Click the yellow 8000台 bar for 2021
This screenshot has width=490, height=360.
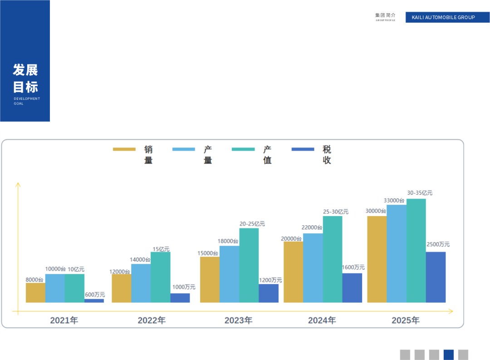[35, 293]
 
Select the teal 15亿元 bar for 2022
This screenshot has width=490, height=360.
[161, 277]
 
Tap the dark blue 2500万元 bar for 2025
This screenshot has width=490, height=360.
[436, 277]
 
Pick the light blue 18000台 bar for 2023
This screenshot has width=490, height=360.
[229, 274]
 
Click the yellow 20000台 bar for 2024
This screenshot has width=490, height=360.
[293, 272]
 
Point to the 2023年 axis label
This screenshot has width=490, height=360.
[239, 321]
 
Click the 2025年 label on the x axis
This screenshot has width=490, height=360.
[406, 321]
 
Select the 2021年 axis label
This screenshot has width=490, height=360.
[64, 321]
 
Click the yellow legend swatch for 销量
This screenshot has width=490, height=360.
[124, 149]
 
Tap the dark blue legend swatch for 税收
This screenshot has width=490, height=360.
[303, 149]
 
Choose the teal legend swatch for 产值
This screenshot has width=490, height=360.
[243, 149]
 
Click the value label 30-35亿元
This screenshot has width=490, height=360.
[420, 193]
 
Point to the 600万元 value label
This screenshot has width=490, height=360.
[95, 295]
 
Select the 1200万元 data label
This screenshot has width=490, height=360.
[270, 280]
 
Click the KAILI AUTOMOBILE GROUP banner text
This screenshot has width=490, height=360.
[443, 17]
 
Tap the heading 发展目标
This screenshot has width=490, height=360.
[25, 78]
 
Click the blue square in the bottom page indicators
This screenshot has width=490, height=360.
[449, 355]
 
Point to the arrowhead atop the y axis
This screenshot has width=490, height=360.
[18, 184]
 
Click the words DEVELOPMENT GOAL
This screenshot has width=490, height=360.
[27, 101]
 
